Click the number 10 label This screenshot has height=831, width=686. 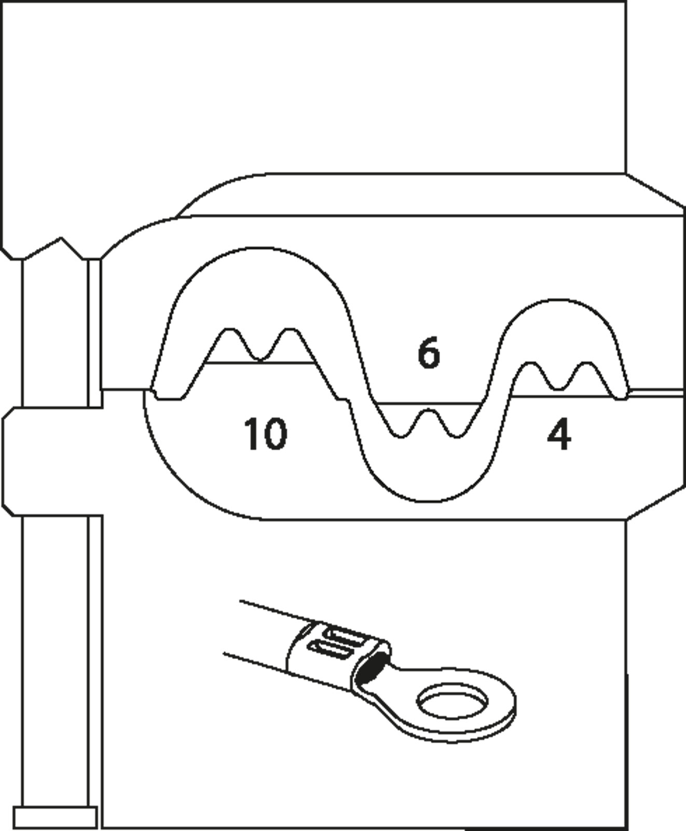coord(265,434)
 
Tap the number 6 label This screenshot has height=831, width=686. coord(429,353)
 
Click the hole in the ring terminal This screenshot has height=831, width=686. coord(452,701)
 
